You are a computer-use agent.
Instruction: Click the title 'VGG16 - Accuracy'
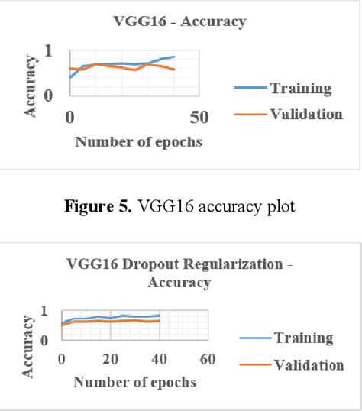[180, 21]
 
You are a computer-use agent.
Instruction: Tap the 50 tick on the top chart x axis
[199, 118]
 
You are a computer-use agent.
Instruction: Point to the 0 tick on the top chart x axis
[69, 118]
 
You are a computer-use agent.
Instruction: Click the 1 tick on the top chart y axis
[49, 51]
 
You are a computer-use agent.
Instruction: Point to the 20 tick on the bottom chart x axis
[111, 359]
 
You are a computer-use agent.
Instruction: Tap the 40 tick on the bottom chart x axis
[159, 359]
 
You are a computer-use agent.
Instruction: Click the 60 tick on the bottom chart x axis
[207, 359]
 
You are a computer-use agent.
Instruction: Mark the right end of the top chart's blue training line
[174, 57]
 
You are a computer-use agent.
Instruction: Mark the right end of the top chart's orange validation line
[174, 70]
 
